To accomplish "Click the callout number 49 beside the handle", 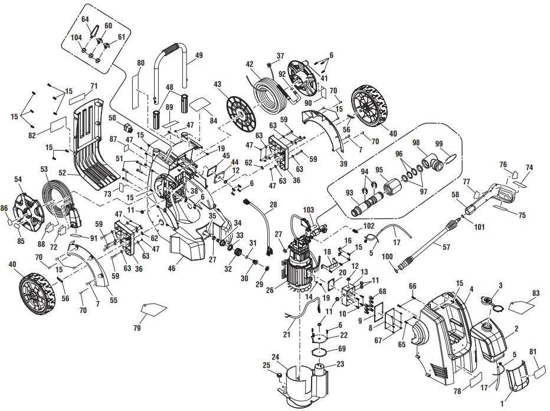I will (198, 56).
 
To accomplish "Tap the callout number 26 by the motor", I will (271, 290).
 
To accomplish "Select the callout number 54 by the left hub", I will (18, 178).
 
